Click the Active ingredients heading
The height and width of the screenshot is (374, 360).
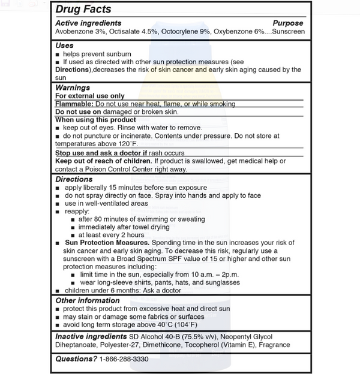88,23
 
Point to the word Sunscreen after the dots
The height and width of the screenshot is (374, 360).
288,31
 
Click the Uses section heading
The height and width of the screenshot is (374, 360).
64,46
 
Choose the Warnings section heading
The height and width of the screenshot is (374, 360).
73,88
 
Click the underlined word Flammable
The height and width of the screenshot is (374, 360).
74,104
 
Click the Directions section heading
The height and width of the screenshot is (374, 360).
74,179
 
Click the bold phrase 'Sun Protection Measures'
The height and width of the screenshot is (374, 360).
105,242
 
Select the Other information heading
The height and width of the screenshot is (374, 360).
87,300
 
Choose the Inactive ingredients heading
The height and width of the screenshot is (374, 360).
91,336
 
